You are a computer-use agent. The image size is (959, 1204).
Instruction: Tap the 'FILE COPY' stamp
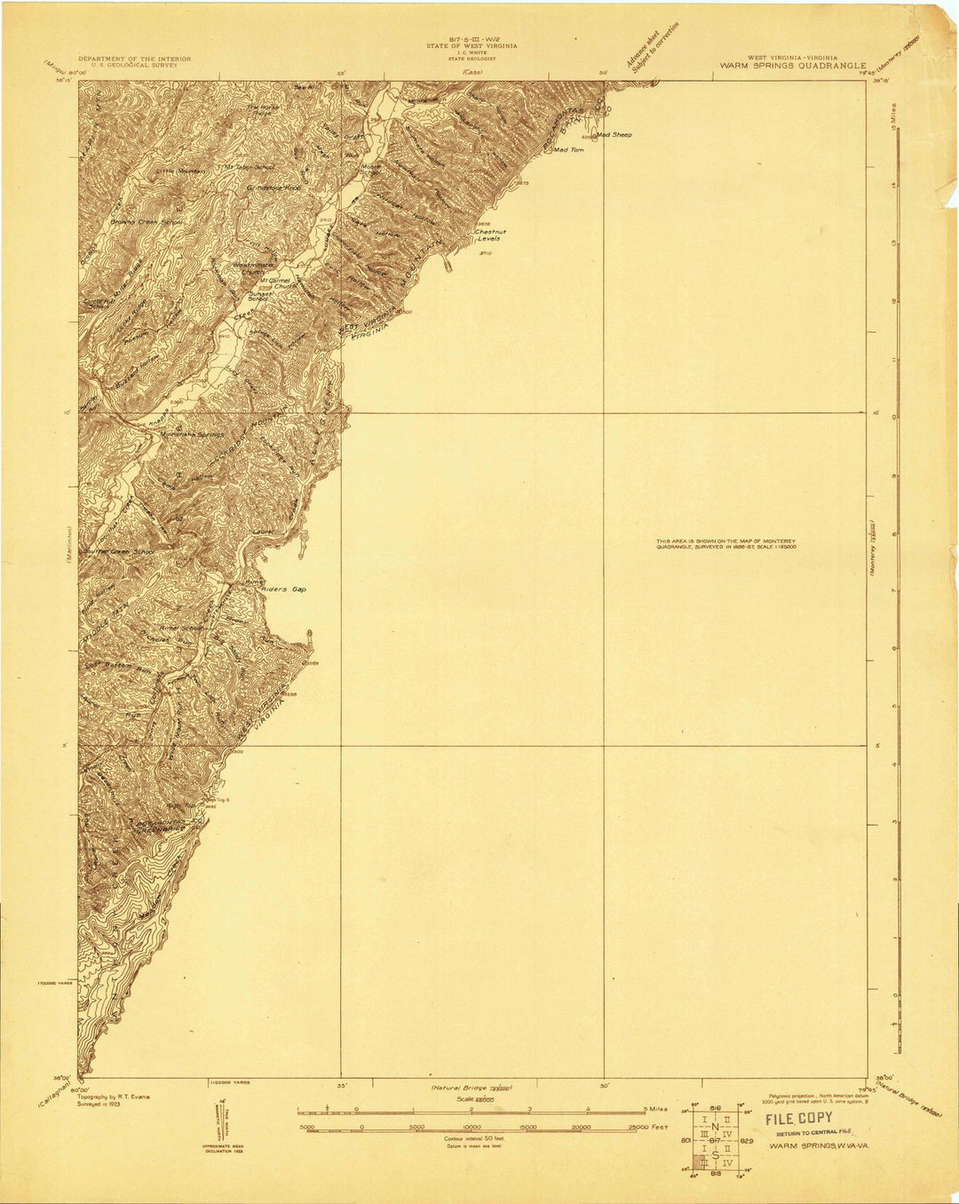pyautogui.click(x=799, y=1119)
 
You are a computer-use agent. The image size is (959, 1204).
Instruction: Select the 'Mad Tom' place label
pyautogui.click(x=568, y=150)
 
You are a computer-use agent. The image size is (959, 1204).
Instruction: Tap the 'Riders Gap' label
pyautogui.click(x=286, y=589)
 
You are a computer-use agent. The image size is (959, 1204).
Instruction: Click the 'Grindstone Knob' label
pyautogui.click(x=274, y=189)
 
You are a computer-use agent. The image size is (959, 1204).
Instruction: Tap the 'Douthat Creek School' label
pyautogui.click(x=119, y=551)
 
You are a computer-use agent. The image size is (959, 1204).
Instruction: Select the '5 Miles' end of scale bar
pyautogui.click(x=655, y=1109)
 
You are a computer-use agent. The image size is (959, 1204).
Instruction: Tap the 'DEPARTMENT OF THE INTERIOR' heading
pyautogui.click(x=134, y=59)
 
